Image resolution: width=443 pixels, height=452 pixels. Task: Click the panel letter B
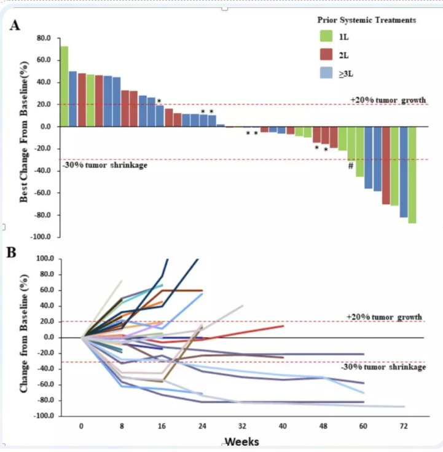click(x=11, y=252)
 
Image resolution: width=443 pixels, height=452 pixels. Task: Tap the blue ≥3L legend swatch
click(x=326, y=73)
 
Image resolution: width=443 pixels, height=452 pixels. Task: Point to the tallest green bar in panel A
click(x=64, y=86)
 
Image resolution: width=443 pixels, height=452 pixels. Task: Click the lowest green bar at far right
click(x=412, y=175)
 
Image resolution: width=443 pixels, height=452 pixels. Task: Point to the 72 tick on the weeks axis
click(x=404, y=426)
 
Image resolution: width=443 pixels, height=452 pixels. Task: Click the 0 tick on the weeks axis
click(x=81, y=426)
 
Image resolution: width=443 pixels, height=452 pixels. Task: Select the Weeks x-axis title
click(x=241, y=442)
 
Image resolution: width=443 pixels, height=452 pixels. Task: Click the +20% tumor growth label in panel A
click(x=388, y=100)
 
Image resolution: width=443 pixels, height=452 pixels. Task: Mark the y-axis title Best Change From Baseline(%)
click(x=25, y=132)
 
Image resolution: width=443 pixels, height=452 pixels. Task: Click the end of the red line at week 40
click(x=283, y=325)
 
